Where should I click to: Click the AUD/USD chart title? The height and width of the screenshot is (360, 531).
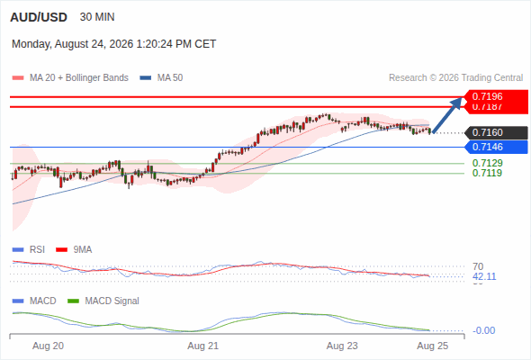[39, 17]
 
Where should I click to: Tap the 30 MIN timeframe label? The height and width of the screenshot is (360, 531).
[97, 17]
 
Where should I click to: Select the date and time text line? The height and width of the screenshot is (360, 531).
[113, 44]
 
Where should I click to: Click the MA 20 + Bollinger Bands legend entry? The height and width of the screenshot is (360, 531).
[70, 78]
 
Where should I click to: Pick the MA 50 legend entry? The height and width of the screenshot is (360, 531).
[161, 78]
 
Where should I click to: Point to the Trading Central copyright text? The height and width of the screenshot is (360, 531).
[455, 78]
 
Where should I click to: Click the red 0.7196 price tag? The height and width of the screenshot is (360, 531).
[495, 96]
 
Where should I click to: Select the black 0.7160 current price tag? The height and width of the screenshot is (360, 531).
[495, 132]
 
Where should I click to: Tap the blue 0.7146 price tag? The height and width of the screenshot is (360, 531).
[495, 147]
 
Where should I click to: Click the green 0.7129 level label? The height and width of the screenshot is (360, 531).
[487, 163]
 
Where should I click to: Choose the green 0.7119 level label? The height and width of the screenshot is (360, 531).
[487, 173]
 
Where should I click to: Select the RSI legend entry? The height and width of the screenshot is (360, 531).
[29, 250]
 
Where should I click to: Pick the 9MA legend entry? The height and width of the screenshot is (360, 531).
[74, 250]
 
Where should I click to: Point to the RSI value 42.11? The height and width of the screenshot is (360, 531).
[484, 276]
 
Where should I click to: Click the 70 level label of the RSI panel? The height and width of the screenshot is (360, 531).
[478, 266]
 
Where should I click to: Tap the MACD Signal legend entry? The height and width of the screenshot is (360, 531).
[103, 301]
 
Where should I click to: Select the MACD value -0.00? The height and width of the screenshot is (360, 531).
[483, 330]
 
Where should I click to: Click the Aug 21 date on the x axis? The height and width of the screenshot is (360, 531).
[203, 346]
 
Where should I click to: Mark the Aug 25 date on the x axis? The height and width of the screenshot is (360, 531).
[433, 346]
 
